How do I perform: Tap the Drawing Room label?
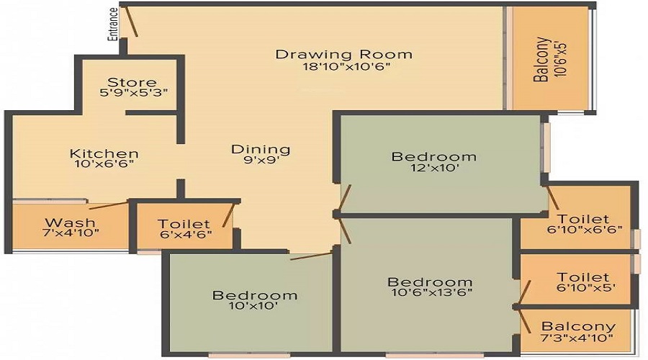pos(344,55)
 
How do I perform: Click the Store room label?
pos(132,83)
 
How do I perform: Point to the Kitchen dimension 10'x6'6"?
pos(104,165)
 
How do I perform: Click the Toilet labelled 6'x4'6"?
pos(184,225)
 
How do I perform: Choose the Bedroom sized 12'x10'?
pos(433,156)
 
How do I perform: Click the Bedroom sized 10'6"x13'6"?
pos(430,282)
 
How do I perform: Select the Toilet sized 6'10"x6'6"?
pos(582,219)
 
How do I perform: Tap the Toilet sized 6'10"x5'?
pos(582,277)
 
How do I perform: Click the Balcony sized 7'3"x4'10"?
pos(579,326)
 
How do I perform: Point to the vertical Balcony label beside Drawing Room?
pos(542,60)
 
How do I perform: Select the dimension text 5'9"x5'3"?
pos(132,94)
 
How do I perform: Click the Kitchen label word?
pos(104,153)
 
